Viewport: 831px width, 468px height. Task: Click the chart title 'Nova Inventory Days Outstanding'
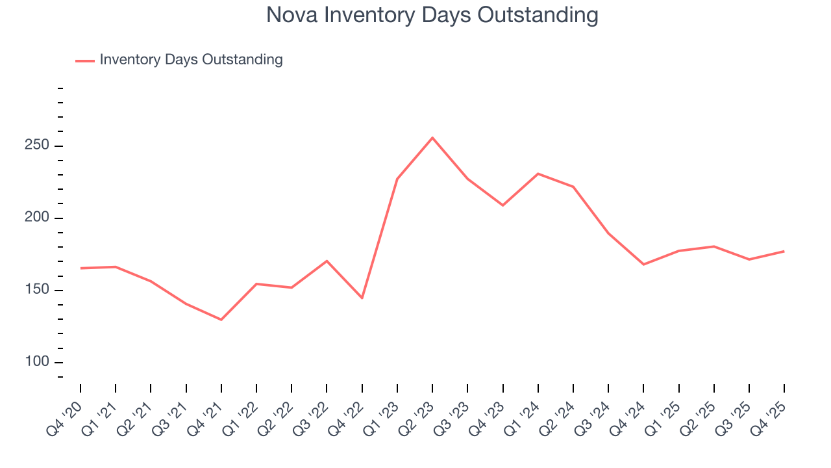pos(432,15)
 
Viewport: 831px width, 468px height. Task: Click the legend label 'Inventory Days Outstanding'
pos(191,60)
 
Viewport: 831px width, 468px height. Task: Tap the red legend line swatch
pos(85,60)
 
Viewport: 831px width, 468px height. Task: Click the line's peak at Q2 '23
pos(432,138)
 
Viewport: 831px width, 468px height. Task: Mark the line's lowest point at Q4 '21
pos(221,320)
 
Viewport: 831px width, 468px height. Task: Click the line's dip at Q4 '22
pos(362,298)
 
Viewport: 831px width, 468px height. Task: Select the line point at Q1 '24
pos(538,174)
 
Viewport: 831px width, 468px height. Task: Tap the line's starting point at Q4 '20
pos(81,268)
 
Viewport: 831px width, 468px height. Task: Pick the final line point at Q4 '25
pos(784,251)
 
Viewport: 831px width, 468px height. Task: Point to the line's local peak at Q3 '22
pos(327,261)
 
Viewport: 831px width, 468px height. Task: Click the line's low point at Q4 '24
pos(643,265)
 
